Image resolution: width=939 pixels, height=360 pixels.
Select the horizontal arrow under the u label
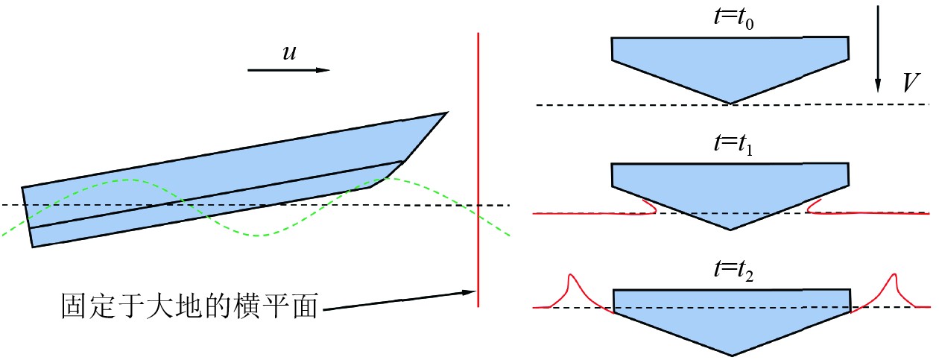point(288,70)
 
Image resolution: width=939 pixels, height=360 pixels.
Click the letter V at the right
point(908,83)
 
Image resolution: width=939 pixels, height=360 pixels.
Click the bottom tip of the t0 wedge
point(730,104)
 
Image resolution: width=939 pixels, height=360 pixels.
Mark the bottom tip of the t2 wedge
point(730,356)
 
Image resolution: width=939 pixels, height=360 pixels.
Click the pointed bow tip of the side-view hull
point(446,113)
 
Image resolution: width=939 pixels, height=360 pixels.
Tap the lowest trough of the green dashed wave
point(258,236)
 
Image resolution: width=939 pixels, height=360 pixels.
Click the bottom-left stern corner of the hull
point(33,247)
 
